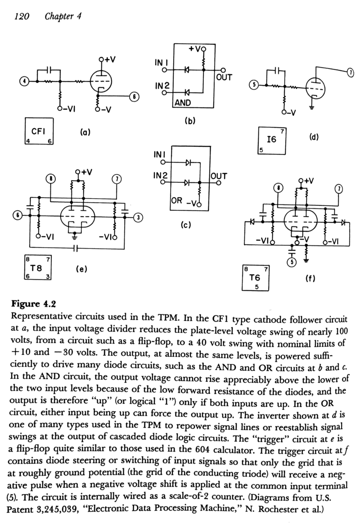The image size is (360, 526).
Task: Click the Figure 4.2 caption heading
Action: click(33, 304)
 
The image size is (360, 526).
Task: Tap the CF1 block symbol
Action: click(39, 131)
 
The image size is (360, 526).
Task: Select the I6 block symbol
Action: click(272, 141)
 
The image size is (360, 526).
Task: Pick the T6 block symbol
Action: click(256, 278)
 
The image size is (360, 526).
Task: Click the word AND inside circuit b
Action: click(183, 103)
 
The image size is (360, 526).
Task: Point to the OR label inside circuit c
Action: click(177, 200)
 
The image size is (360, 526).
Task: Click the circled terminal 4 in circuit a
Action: click(23, 81)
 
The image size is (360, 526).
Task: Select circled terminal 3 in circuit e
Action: click(137, 217)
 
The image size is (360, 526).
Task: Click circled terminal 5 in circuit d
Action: click(254, 85)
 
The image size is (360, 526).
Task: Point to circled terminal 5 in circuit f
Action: click(292, 263)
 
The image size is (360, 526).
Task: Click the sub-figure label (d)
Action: click(313, 137)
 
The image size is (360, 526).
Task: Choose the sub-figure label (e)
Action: click(81, 269)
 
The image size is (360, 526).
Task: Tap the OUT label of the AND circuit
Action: click(224, 77)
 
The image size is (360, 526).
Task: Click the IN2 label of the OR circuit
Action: click(160, 176)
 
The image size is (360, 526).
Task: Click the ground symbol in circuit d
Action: click(312, 108)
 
